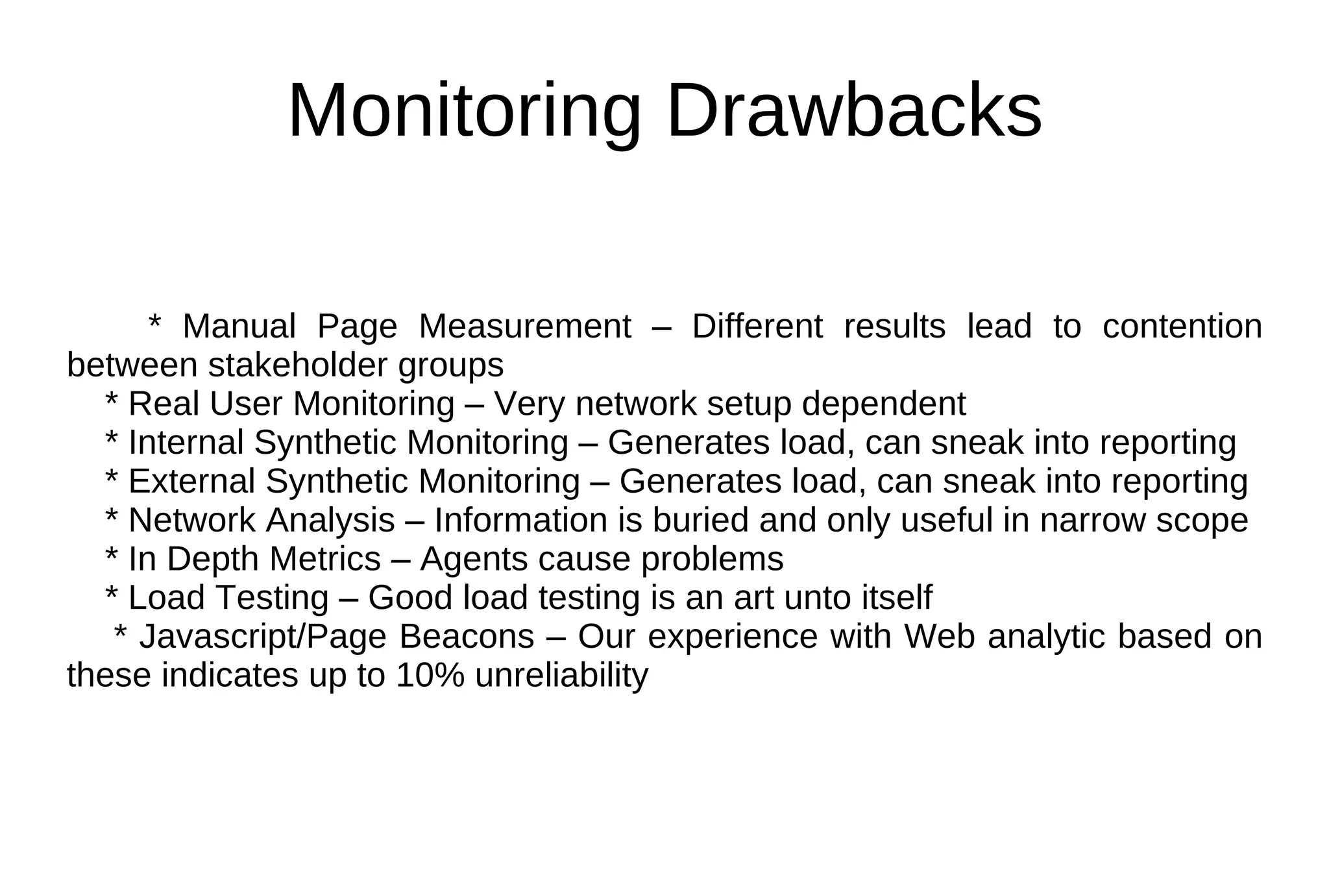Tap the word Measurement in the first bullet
[524, 326]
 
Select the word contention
[1182, 326]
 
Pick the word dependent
[884, 404]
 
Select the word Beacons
[467, 637]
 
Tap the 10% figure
[430, 676]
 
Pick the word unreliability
[561, 676]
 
